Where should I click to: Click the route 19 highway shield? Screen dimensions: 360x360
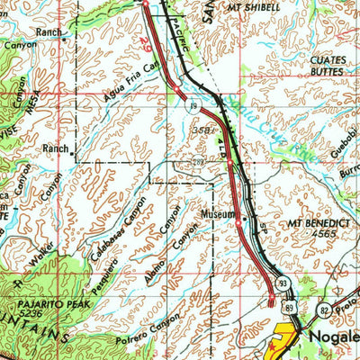[193, 105]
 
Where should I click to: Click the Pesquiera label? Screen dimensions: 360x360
[105, 275]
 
